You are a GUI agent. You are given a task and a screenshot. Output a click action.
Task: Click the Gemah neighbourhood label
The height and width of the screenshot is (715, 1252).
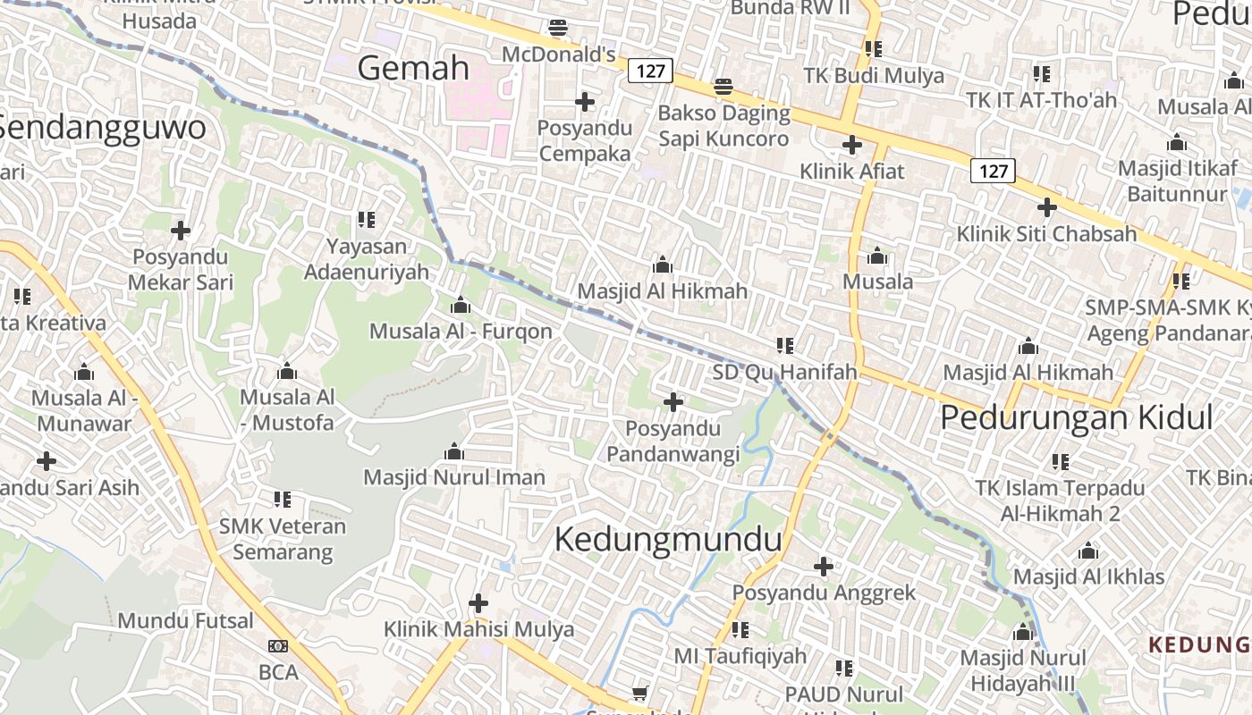(413, 68)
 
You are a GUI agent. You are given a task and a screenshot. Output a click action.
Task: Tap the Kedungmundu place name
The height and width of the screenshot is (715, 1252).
(668, 540)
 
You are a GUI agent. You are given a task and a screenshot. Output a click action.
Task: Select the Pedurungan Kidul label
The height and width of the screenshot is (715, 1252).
(1077, 417)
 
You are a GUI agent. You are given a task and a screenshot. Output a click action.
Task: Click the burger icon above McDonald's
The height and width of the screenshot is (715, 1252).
(558, 28)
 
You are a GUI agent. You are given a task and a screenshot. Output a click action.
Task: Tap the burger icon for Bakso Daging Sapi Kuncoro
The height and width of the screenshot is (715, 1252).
(723, 87)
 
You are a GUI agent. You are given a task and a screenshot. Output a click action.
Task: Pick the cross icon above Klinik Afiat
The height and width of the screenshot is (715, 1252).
(852, 144)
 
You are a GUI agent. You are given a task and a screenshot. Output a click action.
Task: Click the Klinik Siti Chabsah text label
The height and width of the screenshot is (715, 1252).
(1046, 234)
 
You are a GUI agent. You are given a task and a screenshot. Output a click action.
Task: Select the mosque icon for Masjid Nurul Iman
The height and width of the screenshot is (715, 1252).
(454, 451)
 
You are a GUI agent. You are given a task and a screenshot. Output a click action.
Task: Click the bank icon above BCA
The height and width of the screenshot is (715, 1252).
(278, 645)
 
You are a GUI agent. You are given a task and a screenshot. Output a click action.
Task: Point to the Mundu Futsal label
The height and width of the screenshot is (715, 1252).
(186, 620)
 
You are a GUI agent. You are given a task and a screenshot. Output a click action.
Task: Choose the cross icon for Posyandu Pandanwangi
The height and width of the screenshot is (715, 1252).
(673, 402)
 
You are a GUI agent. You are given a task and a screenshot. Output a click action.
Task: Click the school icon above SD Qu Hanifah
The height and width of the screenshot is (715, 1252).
(785, 345)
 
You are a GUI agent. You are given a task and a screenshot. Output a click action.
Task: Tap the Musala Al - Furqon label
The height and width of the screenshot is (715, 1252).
(461, 332)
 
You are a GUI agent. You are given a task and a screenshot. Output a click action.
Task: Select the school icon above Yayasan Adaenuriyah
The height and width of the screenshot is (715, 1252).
(366, 219)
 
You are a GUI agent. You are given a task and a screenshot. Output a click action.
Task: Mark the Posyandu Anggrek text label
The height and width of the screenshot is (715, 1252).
(824, 593)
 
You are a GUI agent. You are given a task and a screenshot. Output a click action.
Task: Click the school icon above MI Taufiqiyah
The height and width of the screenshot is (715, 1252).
(740, 630)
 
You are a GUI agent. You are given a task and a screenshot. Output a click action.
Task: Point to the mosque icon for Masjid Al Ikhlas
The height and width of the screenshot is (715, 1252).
(1088, 551)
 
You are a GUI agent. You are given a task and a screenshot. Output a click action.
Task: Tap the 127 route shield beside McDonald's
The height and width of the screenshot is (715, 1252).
(650, 70)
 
